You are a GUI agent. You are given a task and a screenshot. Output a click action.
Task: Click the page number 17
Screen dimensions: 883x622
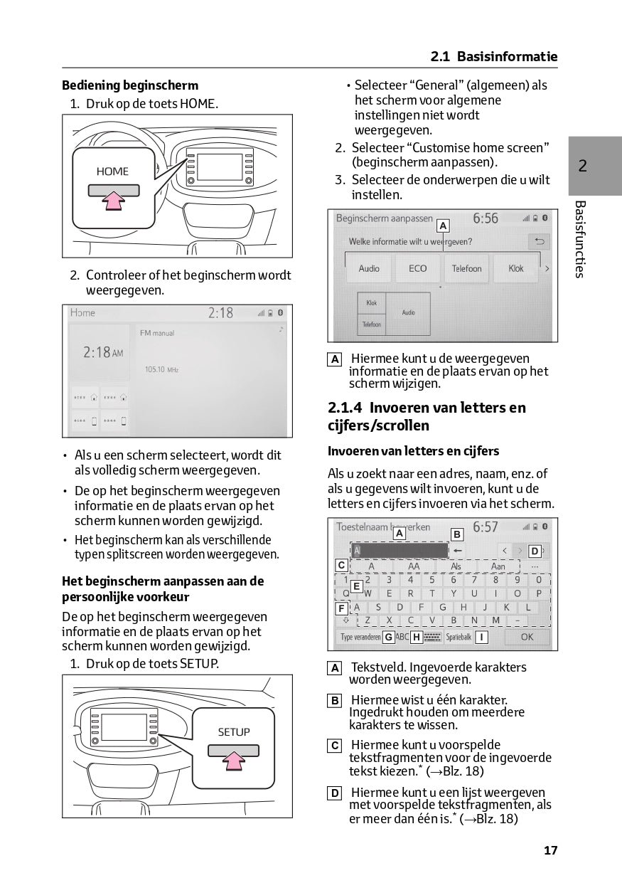point(550,850)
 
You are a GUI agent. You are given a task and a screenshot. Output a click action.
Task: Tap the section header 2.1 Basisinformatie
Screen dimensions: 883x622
point(494,57)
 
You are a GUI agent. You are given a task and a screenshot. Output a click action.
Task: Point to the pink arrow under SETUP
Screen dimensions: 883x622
point(233,762)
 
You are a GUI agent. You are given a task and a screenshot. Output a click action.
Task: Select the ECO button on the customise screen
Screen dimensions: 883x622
point(418,269)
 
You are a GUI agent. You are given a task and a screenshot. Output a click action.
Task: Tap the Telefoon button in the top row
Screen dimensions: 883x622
point(467,269)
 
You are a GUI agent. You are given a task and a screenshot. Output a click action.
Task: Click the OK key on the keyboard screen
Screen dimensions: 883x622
point(527,637)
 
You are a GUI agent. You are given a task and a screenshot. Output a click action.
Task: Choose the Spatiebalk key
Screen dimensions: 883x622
point(459,637)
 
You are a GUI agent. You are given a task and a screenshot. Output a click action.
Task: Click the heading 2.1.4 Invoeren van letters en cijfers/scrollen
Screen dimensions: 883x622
point(427,416)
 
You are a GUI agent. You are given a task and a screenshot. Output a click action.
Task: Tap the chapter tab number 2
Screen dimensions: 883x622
point(582,166)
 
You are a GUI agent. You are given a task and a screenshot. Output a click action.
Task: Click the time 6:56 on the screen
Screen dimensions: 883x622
point(486,218)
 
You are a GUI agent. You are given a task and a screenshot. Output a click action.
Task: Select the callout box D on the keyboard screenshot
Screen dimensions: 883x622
point(535,551)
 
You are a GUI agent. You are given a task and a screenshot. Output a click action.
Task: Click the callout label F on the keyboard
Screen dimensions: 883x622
point(342,608)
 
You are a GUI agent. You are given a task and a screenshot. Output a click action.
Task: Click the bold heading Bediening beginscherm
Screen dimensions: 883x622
point(130,86)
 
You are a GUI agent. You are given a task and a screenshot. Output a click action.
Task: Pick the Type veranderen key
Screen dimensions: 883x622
point(360,637)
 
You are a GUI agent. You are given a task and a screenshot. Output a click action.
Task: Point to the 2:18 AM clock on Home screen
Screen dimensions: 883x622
point(102,352)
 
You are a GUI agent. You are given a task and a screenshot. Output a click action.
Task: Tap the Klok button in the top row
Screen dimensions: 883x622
point(516,269)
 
